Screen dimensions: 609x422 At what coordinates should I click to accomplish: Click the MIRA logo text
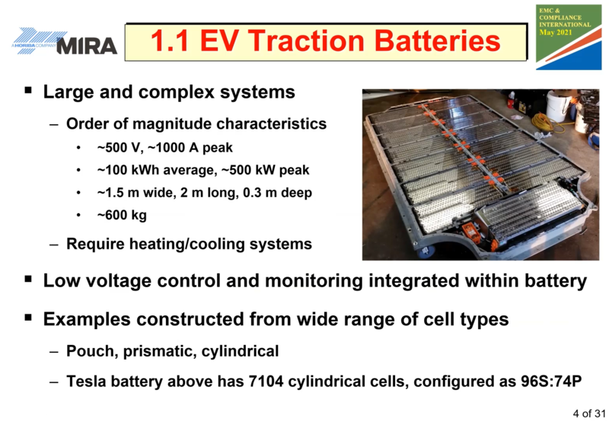pyautogui.click(x=87, y=46)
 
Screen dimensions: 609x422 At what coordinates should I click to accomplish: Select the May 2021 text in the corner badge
pyautogui.click(x=556, y=32)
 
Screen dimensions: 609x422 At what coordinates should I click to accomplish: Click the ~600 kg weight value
pyautogui.click(x=122, y=215)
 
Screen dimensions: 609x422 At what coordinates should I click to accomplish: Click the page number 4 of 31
pyautogui.click(x=588, y=413)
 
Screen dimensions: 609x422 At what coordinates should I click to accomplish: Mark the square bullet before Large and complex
pyautogui.click(x=28, y=91)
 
